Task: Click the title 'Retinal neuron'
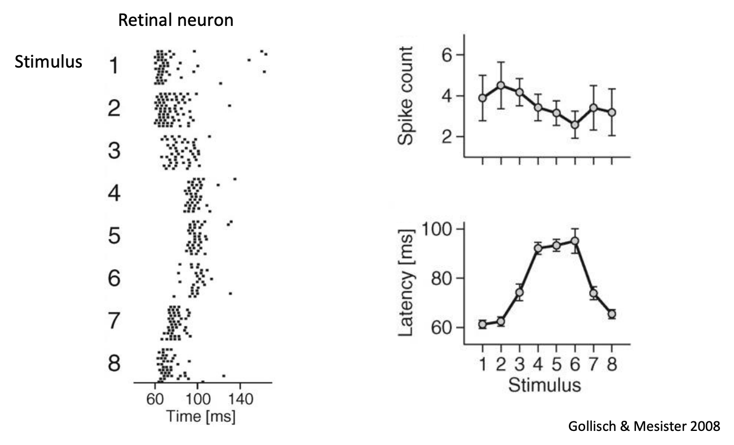coord(175,21)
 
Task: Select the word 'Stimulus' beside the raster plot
coord(48,61)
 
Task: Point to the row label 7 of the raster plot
coord(114,321)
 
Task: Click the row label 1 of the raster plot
coord(114,66)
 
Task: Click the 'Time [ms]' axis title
coord(201,416)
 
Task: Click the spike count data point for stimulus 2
coord(501,86)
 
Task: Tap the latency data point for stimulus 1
coord(483,324)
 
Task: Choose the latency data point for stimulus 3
coord(519,292)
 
